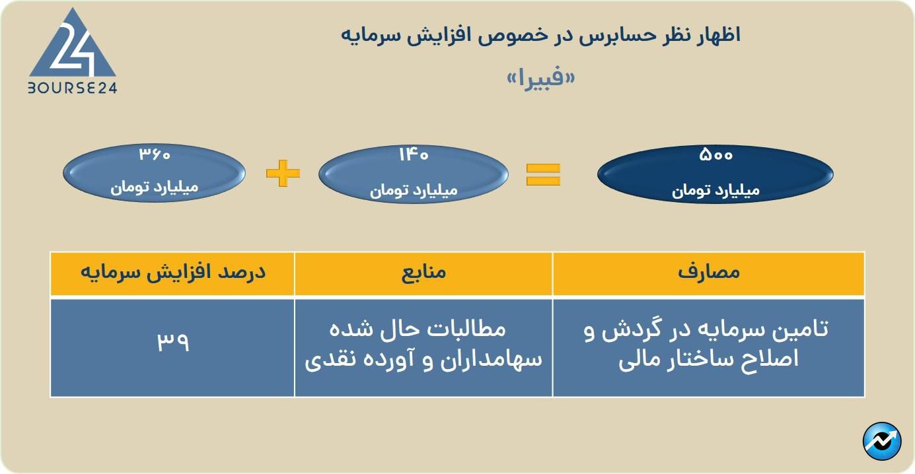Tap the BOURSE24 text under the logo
(x=72, y=88)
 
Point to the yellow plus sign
(x=283, y=174)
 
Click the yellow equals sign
(x=543, y=174)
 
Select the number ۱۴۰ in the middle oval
(x=414, y=155)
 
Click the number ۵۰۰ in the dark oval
(x=715, y=156)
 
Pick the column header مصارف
(x=708, y=273)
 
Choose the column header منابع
(x=423, y=273)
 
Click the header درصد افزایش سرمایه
(x=172, y=273)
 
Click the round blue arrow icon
(x=882, y=441)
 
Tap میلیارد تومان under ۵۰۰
(x=715, y=191)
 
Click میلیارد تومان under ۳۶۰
(x=155, y=187)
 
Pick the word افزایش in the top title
(x=455, y=35)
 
